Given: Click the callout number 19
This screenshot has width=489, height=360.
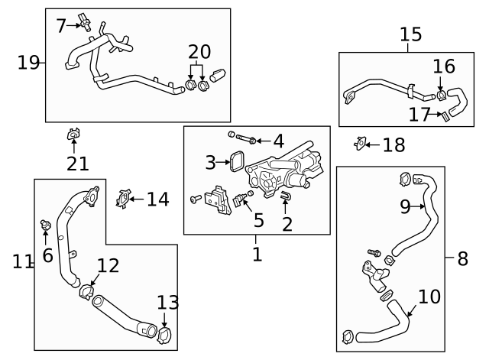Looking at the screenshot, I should click(28, 63).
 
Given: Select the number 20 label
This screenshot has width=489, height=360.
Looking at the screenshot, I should click(199, 52).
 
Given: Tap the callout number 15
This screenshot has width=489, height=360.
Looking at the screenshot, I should click(410, 34).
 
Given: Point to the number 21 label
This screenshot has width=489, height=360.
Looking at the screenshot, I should click(77, 162).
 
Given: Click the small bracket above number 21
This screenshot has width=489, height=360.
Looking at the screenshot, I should click(74, 135).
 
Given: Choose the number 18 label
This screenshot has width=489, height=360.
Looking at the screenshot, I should click(393, 145).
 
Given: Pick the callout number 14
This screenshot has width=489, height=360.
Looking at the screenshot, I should click(157, 199).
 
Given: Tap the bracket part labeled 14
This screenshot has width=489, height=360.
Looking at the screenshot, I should click(121, 200).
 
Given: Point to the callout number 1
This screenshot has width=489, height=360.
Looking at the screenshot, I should click(257, 254).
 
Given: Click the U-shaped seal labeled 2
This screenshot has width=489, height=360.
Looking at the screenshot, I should click(286, 199).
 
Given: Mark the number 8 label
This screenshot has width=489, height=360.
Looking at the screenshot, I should click(461, 258).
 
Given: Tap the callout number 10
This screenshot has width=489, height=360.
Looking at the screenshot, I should click(429, 296).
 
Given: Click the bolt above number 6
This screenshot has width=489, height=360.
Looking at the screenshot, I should click(46, 226).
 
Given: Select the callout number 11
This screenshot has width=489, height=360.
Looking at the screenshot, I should click(23, 261).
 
